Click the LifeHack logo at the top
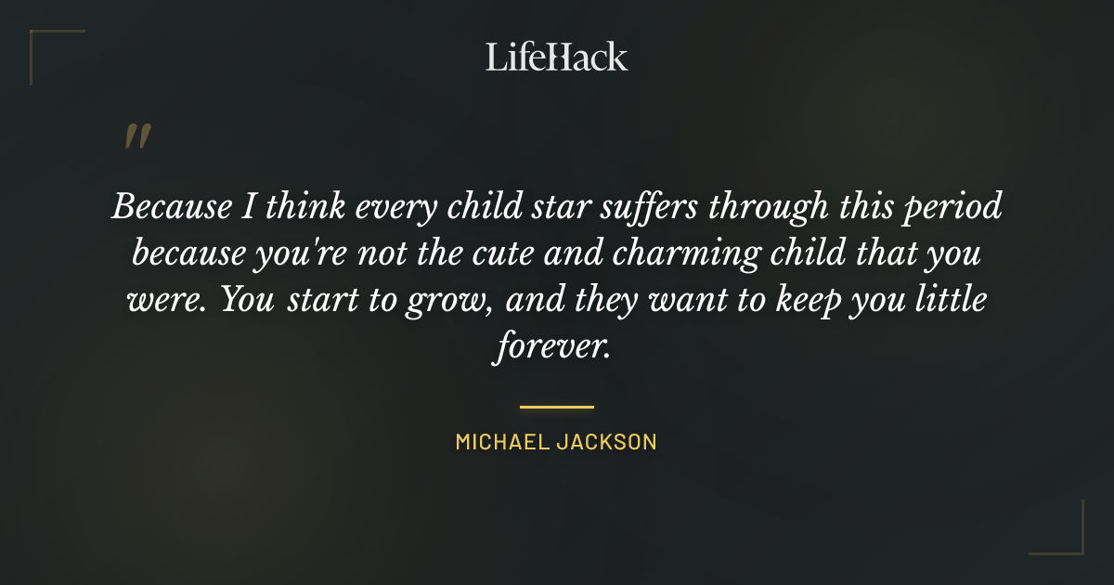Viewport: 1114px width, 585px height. [x=556, y=58]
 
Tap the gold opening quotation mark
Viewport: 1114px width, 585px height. [x=137, y=137]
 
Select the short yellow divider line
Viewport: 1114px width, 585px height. [x=556, y=407]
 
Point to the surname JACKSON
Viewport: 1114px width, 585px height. [x=614, y=442]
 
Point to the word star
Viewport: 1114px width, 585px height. [x=556, y=206]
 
